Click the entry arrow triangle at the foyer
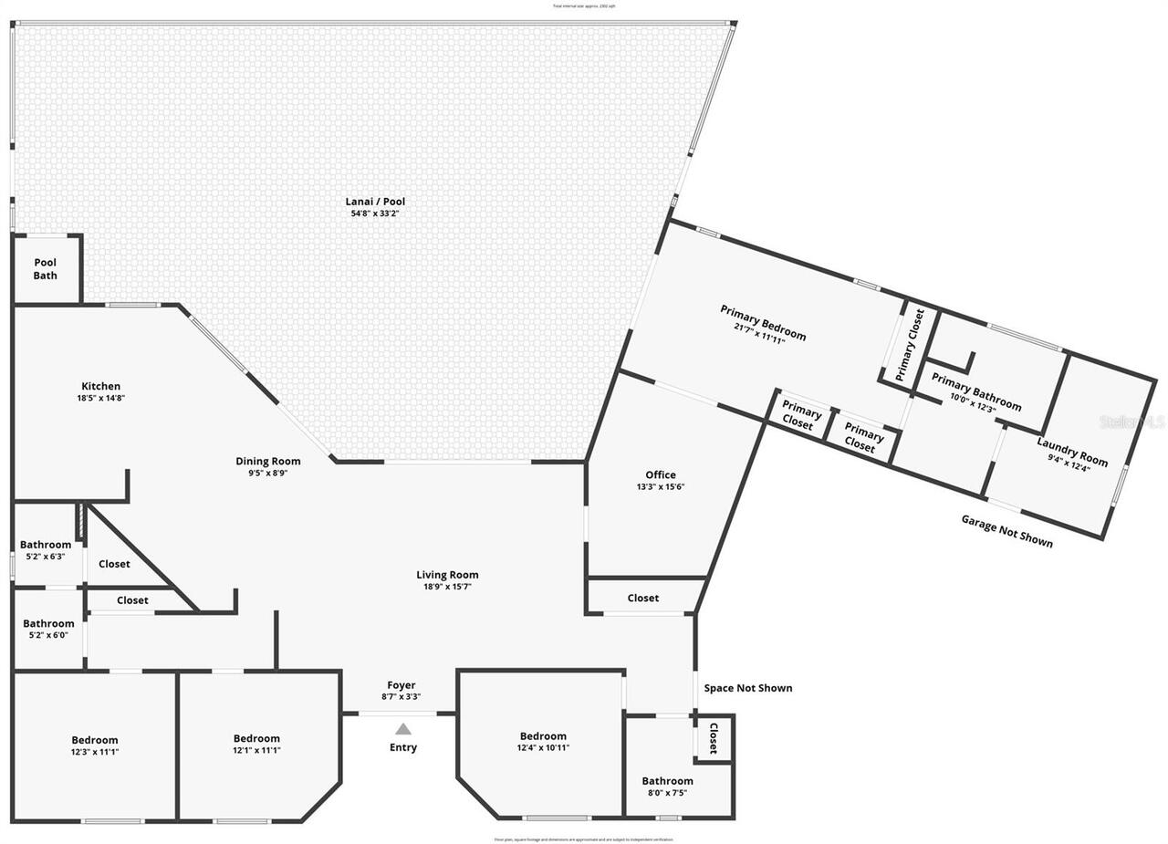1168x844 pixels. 403,729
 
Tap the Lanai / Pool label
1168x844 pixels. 375,202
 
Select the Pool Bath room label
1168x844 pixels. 46,269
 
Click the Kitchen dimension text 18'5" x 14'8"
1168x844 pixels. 100,399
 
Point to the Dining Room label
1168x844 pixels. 268,462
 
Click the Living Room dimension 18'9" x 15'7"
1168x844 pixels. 447,587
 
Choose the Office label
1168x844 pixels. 661,474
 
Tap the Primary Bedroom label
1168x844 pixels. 763,322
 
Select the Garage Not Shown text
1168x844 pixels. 1006,530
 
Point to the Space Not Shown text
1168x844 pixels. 748,688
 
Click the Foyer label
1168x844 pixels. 401,685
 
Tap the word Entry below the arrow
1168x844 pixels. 403,747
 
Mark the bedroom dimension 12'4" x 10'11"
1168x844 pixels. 543,748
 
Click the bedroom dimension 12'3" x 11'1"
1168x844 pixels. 95,752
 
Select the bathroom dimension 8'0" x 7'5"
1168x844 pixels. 667,793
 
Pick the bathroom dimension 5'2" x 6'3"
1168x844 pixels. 46,557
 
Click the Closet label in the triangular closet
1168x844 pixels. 114,564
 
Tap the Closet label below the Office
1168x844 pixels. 643,598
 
